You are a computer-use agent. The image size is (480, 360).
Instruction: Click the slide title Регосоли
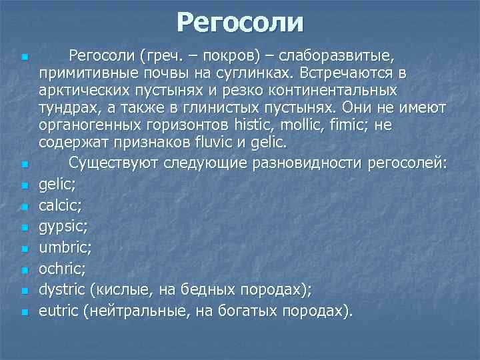[240, 22]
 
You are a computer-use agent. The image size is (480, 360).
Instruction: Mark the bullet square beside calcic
[23, 208]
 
